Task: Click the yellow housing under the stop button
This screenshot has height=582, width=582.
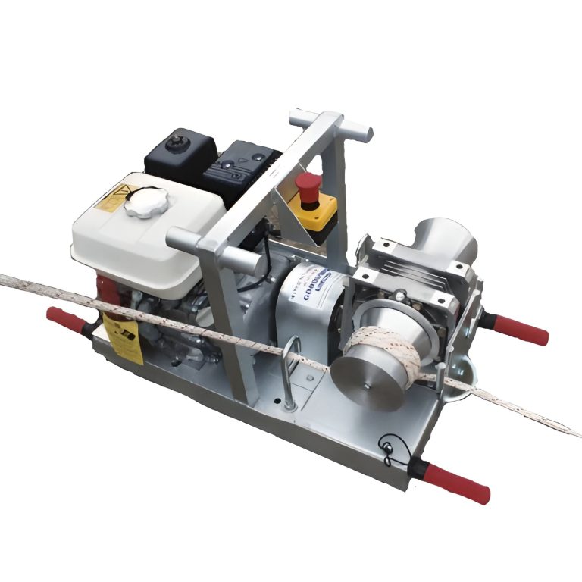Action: click(316, 215)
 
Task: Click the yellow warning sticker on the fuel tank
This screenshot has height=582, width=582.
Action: click(106, 199)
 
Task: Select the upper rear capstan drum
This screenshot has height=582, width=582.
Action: click(445, 241)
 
